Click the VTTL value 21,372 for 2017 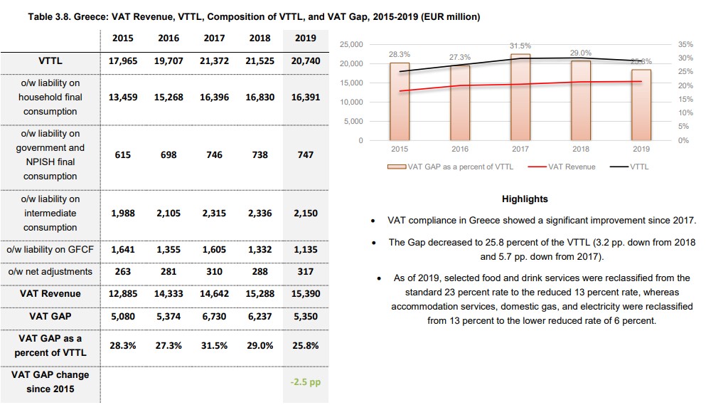click(x=214, y=61)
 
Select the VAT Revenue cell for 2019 click(x=305, y=293)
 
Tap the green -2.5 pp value click(x=305, y=382)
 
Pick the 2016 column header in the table click(x=169, y=38)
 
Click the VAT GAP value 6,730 click(x=214, y=317)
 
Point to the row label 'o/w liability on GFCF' click(x=50, y=249)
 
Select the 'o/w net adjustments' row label click(x=50, y=271)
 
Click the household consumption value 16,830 click(x=260, y=98)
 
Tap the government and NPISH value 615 click(x=123, y=154)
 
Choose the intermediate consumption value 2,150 click(x=305, y=213)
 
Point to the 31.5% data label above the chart click(x=520, y=46)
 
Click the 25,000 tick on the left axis click(x=351, y=45)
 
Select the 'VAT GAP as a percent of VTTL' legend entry click(x=452, y=167)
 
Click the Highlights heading click(x=525, y=199)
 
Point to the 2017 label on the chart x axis click(x=520, y=149)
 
